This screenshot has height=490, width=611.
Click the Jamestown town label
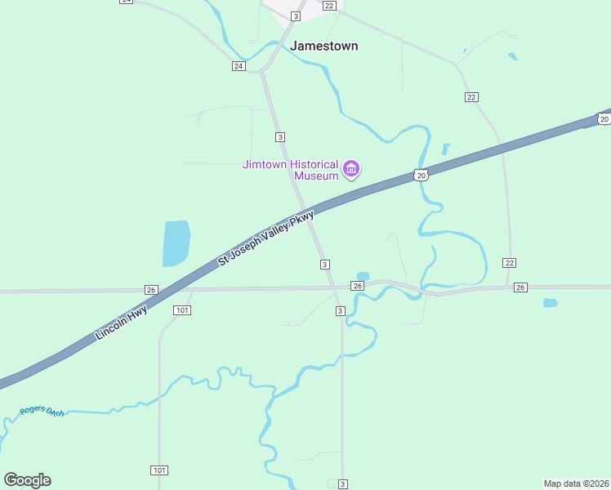pyautogui.click(x=323, y=47)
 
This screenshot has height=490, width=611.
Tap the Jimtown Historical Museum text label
pyautogui.click(x=291, y=170)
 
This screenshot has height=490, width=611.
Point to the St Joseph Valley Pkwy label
pyautogui.click(x=265, y=238)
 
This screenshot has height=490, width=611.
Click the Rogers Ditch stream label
pyautogui.click(x=42, y=411)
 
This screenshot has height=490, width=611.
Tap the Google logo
pyautogui.click(x=27, y=480)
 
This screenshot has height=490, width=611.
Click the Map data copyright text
pyautogui.click(x=576, y=483)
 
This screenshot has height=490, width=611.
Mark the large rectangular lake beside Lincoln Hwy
pyautogui.click(x=176, y=243)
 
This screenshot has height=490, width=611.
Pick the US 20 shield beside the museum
pyautogui.click(x=420, y=175)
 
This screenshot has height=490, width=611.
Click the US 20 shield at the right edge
pyautogui.click(x=603, y=119)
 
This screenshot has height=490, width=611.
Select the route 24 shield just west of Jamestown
pyautogui.click(x=238, y=66)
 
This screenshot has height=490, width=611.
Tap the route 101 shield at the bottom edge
pyautogui.click(x=159, y=470)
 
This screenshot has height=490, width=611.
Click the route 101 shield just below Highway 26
pyautogui.click(x=182, y=310)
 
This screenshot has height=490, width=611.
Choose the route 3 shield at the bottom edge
pyautogui.click(x=342, y=484)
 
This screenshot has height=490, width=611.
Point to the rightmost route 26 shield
pyautogui.click(x=521, y=287)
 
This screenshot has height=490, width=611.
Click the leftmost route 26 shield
pyautogui.click(x=150, y=290)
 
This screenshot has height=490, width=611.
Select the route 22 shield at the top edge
pyautogui.click(x=328, y=6)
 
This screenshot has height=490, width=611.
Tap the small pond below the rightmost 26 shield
pyautogui.click(x=550, y=303)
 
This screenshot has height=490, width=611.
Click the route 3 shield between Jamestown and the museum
pyautogui.click(x=280, y=136)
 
